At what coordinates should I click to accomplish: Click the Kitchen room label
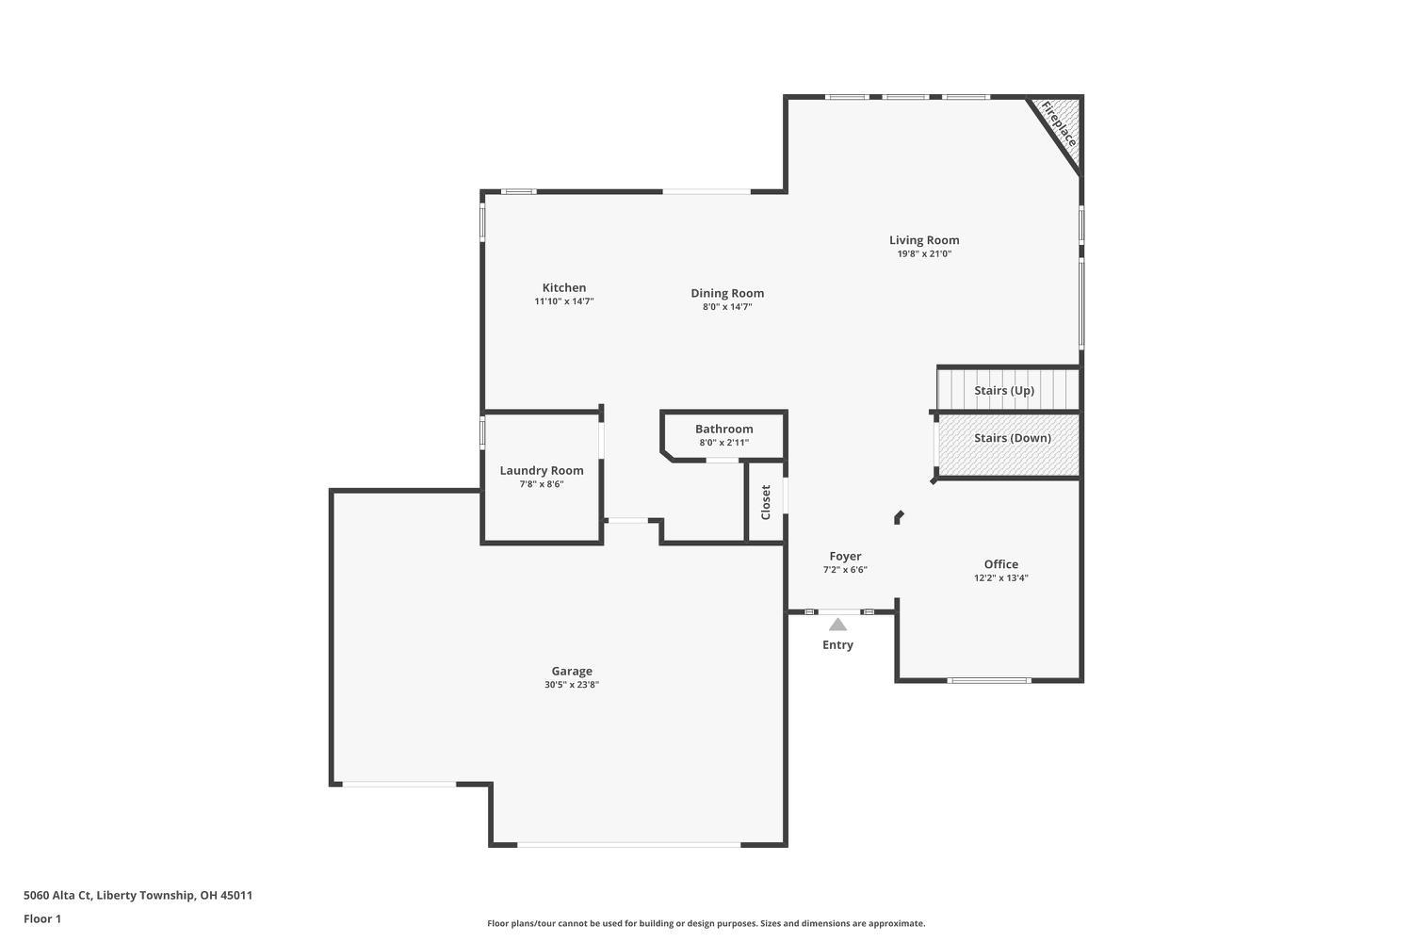coord(563,288)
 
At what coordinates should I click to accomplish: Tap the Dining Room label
coord(726,293)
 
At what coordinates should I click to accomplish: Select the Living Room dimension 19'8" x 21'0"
coord(924,254)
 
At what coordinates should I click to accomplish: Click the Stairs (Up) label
coord(1004,390)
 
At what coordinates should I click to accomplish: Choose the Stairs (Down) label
coord(1012,438)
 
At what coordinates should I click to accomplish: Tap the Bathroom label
coord(723,430)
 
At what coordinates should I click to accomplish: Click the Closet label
coord(766,502)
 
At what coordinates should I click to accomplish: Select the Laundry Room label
coord(541,471)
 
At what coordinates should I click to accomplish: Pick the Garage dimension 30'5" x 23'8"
coord(572,685)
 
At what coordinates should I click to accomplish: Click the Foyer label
coord(845,557)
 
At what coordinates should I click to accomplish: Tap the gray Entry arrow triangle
coord(837,625)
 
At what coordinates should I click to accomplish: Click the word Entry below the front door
coord(837,645)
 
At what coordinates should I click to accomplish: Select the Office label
coord(1000,564)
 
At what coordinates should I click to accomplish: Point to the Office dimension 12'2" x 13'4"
coord(1000,578)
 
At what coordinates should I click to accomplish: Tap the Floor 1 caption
coord(42,919)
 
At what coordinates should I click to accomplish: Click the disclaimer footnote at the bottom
coord(706,924)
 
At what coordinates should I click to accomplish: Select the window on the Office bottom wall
coord(989,680)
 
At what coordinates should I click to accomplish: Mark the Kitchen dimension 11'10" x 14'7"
coord(563,302)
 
